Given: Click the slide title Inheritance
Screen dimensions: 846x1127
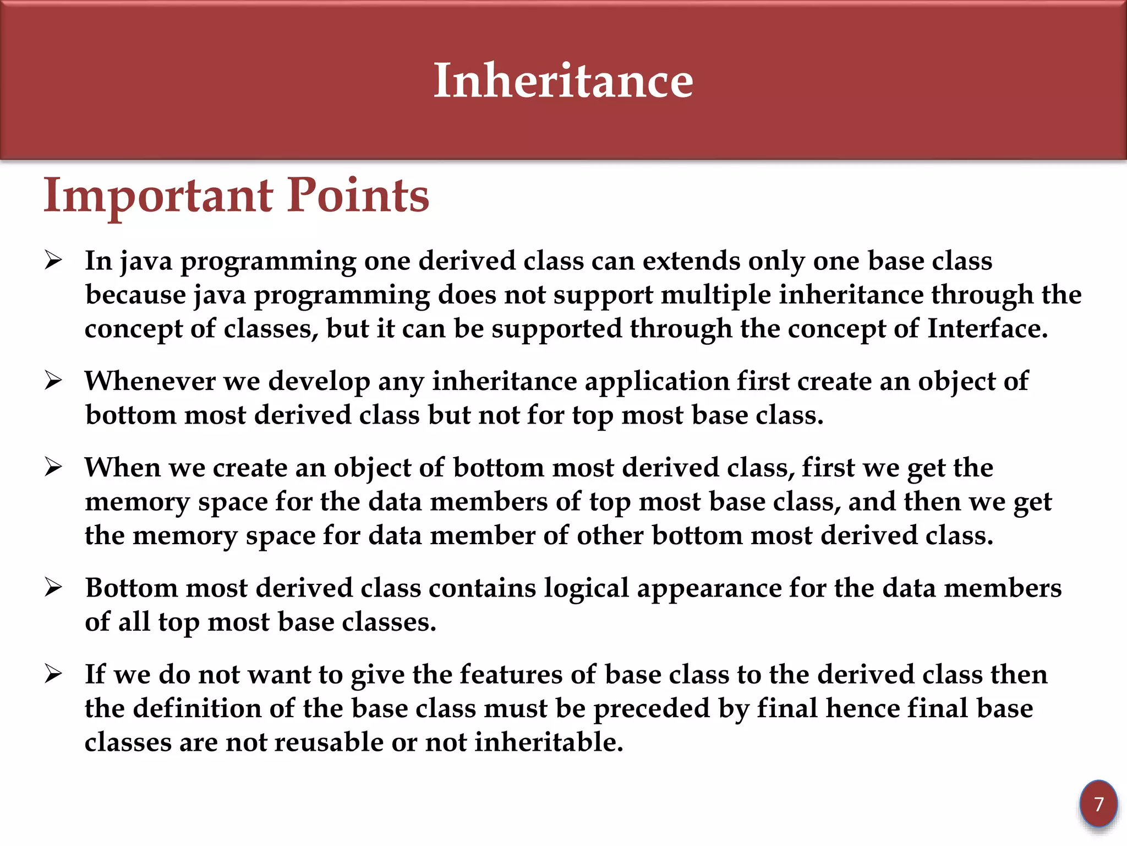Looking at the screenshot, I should [563, 81].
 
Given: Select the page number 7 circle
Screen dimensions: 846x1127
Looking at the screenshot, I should [1098, 804].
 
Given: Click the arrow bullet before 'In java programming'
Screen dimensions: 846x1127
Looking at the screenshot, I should [53, 259].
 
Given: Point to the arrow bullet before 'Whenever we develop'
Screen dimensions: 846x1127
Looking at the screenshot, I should [53, 380].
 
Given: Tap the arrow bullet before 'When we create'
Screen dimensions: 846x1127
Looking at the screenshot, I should [53, 467].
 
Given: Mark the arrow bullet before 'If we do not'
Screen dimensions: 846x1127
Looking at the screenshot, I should [53, 674].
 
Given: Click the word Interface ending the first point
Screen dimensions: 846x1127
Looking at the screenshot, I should [987, 329].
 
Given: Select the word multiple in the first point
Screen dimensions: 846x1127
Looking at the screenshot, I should [716, 295].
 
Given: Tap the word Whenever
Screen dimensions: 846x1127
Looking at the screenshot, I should [150, 381].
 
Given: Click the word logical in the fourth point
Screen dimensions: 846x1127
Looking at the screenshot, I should [587, 588].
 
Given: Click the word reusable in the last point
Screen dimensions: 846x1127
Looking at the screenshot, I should [329, 742].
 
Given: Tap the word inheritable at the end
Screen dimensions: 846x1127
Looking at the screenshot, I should [549, 742].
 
